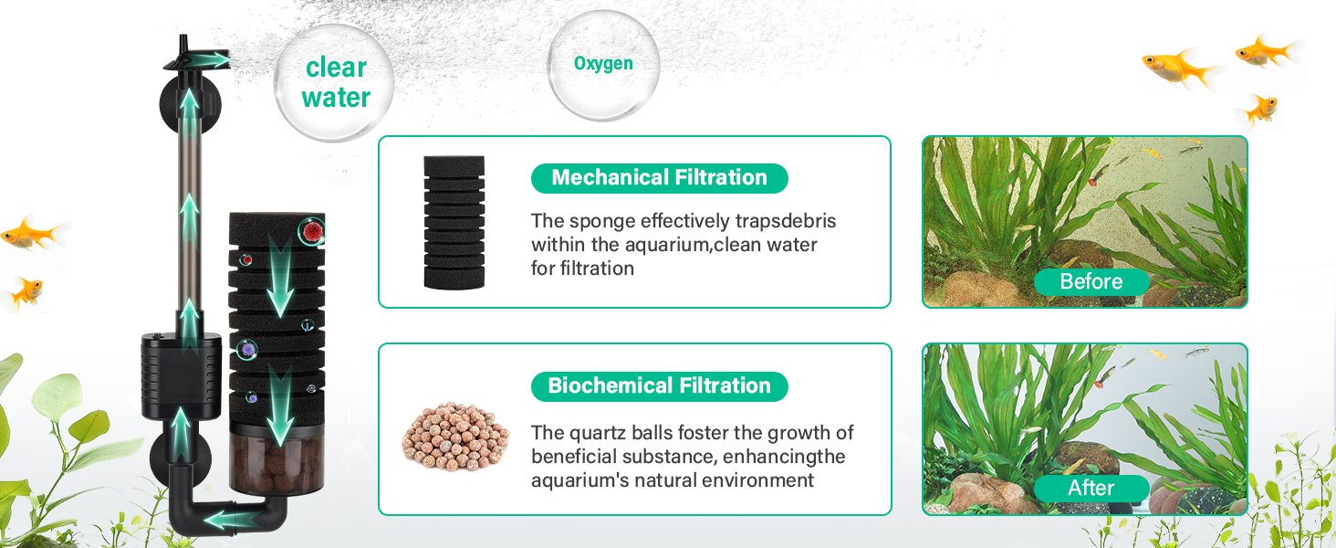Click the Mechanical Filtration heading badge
pos(659,178)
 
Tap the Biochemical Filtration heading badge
pos(659,386)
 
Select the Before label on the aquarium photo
pos(1091,281)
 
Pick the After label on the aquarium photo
pos(1091,489)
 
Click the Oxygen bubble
pos(603,65)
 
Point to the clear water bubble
pos(334,82)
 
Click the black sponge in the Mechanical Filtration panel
pos(454,222)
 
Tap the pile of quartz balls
pos(456,436)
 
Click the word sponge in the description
pos(601,222)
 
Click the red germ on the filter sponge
pos(311,231)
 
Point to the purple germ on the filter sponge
pos(247,348)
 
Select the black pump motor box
pos(181,376)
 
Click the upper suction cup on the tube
pos(187,102)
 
